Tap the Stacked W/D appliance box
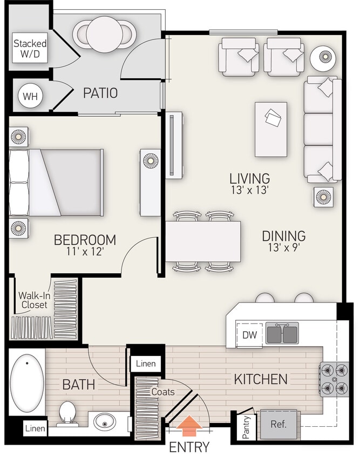point(30,48)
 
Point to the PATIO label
point(100,93)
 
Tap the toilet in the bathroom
point(68,413)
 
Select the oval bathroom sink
point(106,421)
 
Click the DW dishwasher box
point(249,335)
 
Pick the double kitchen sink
point(281,333)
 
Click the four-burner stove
point(334,379)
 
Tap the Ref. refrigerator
point(278,424)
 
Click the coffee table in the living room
point(270,129)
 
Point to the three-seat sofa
point(322,129)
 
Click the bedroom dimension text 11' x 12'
point(84,251)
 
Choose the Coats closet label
point(162,392)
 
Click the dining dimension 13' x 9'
point(284,247)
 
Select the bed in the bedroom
point(56,183)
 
